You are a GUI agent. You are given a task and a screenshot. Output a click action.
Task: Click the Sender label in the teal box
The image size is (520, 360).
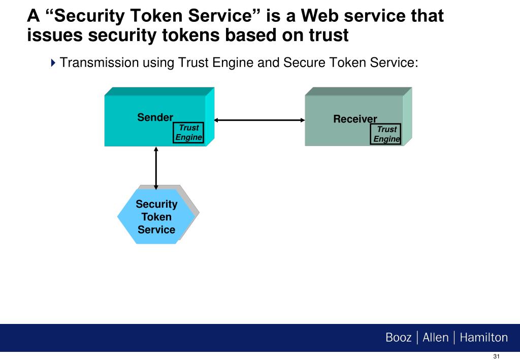point(155,117)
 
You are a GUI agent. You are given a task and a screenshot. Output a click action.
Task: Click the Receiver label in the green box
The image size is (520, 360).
point(355,119)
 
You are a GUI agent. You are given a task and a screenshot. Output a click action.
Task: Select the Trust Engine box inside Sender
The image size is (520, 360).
point(188,133)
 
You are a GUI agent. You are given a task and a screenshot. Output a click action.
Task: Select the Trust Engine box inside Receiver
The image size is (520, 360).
point(386,134)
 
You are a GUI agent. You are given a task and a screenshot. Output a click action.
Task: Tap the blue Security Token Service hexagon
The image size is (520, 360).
point(156,216)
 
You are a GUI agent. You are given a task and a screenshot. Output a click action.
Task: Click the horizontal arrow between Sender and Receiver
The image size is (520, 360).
point(259,120)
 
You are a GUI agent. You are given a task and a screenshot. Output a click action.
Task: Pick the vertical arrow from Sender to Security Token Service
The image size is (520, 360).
point(156,168)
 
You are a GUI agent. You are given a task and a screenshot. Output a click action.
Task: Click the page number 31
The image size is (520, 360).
point(496,356)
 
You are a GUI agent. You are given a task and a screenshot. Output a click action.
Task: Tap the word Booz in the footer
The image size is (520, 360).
point(398,338)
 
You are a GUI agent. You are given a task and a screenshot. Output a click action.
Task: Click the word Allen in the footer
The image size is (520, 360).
point(435,338)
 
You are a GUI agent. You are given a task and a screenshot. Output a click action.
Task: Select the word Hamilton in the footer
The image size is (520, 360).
point(483,338)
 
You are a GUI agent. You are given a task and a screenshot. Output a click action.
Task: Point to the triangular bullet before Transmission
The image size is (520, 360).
point(53,62)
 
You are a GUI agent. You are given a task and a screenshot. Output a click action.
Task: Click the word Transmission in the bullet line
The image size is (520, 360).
point(99,62)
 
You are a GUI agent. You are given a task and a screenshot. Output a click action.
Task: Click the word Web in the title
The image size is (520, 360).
point(319,16)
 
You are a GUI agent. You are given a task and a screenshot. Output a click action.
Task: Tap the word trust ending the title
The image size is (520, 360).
point(329,35)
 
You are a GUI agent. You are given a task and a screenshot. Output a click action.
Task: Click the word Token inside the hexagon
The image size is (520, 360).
point(156,217)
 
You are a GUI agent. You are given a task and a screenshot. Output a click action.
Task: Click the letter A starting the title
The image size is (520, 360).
point(33,16)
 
